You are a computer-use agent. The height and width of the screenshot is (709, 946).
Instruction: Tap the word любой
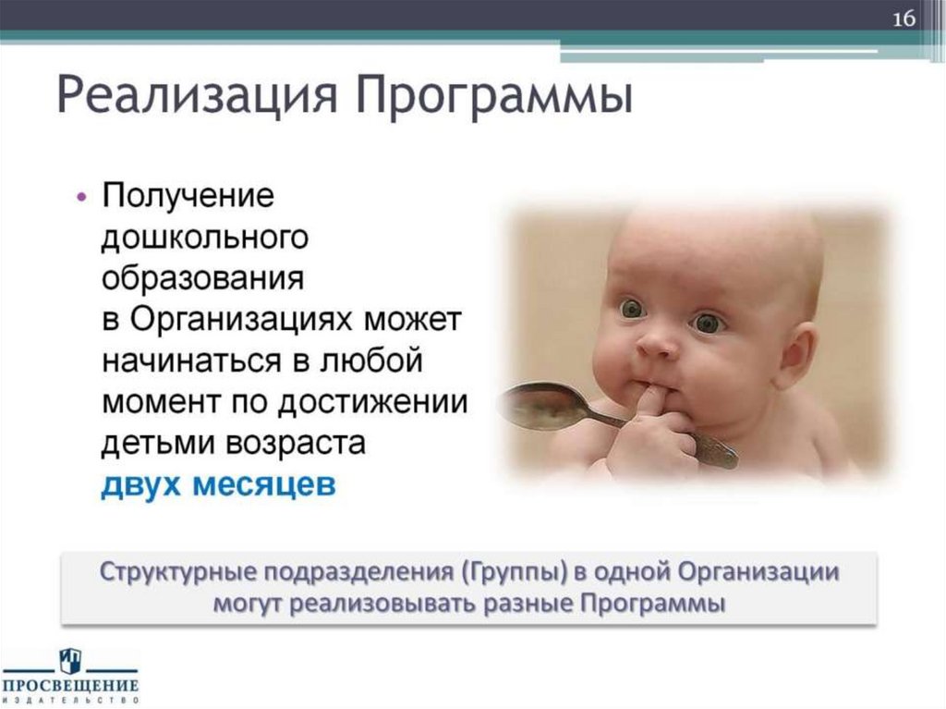370,360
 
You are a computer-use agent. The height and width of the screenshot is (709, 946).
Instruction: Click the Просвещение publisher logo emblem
70,661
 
